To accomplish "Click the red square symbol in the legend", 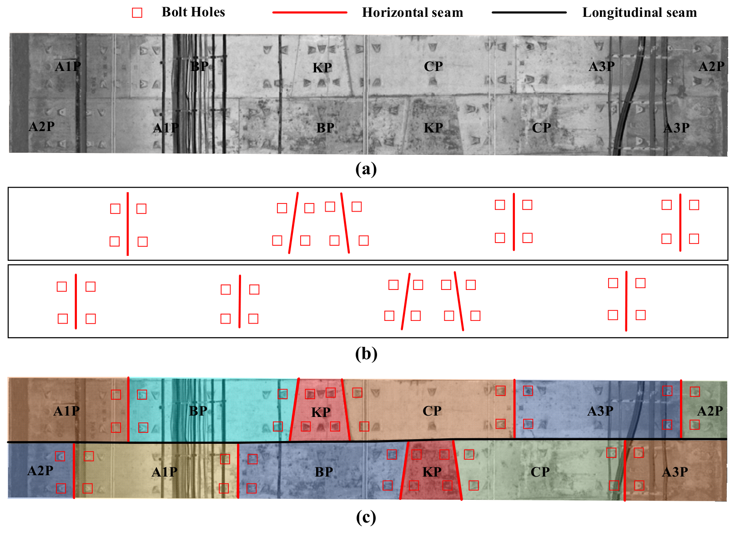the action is click(x=137, y=13).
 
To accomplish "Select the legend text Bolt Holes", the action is click(x=193, y=12).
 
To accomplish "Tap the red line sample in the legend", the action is click(x=309, y=12).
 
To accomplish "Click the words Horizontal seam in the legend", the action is click(x=413, y=12).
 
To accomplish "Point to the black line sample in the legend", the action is click(x=529, y=12).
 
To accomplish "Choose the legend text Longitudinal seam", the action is click(x=639, y=12).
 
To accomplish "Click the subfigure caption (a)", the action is click(x=366, y=169).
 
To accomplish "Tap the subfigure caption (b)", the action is click(x=366, y=354).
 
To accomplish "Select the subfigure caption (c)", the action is click(x=366, y=518).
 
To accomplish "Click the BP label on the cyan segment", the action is click(x=198, y=411).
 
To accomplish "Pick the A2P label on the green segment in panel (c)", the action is click(x=710, y=411).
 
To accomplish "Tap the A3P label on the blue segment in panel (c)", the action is click(x=600, y=411).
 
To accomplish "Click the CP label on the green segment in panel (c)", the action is click(x=540, y=472).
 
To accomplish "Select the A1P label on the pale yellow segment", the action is click(x=164, y=472).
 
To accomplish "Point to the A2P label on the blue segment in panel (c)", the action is click(x=40, y=471).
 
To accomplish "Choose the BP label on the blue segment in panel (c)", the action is click(x=324, y=472).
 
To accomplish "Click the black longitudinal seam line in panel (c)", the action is click(x=367, y=441).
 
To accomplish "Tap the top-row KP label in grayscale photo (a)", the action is click(x=322, y=68).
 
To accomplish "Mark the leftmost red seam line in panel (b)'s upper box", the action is click(x=128, y=223).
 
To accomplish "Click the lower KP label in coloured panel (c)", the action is click(x=432, y=472).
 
